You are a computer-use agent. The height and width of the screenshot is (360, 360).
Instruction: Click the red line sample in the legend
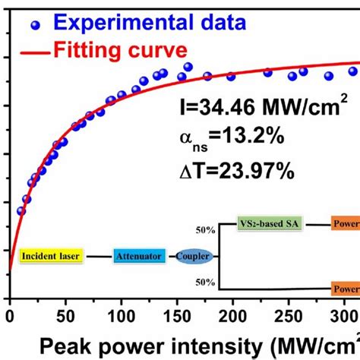[30, 52]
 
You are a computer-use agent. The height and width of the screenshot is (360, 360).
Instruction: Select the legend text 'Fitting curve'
[120, 52]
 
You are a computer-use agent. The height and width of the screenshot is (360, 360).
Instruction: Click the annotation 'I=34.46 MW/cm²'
[262, 111]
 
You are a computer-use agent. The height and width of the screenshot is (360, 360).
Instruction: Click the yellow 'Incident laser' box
[49, 257]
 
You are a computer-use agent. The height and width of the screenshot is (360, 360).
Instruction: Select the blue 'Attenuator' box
[138, 257]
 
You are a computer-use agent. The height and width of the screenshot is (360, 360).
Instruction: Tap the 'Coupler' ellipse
[194, 257]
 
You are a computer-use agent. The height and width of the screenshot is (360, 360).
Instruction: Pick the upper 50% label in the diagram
[206, 229]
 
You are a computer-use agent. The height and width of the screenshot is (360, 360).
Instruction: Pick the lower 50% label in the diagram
[206, 282]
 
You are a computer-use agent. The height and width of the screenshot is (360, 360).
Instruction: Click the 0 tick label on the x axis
[10, 315]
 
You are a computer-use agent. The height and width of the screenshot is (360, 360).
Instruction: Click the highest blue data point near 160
[188, 67]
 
